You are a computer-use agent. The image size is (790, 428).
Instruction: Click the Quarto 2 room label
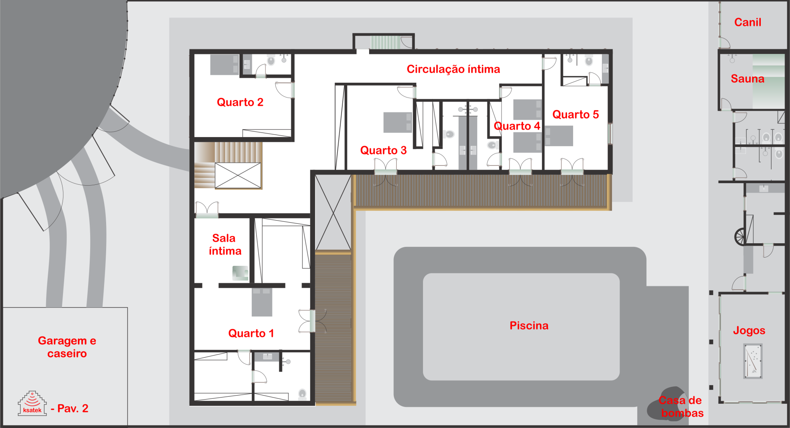pos(240,102)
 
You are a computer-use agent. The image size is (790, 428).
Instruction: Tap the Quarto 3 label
pos(383,150)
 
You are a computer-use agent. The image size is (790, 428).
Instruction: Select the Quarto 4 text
pos(517,126)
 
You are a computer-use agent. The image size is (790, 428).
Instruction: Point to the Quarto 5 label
pos(576,114)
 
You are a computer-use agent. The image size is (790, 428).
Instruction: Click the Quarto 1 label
pos(251,333)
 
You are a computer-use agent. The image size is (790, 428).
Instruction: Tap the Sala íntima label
pos(225,244)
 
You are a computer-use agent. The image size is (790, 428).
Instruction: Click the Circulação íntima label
pos(453,69)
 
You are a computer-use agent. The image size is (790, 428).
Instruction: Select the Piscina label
pos(529,326)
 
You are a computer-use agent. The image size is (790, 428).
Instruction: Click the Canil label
pos(748,22)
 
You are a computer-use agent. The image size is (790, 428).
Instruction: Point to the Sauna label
pos(748,79)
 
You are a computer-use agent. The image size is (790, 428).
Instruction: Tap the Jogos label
pos(749,330)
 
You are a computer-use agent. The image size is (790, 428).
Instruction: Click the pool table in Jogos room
pos(753,361)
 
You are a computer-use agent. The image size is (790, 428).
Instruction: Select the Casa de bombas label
pos(681,407)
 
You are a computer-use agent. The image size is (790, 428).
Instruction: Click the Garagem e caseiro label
pos(67,347)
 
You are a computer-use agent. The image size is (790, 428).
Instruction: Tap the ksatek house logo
pos(32,403)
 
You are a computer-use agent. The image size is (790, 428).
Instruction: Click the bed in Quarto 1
pos(262,302)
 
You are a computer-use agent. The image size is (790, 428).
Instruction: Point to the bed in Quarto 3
pos(397,123)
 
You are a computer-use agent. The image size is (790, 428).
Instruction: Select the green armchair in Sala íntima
pos(240,273)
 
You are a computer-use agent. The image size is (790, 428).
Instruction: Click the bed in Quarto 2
pos(224,65)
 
